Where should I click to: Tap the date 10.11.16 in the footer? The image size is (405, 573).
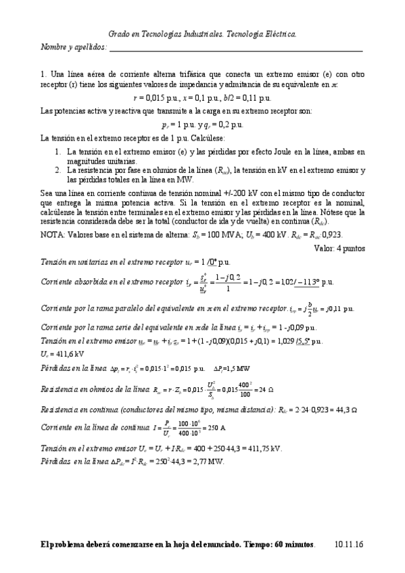[x=349, y=544]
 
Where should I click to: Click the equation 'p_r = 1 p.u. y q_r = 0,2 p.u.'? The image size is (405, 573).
[x=202, y=124]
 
